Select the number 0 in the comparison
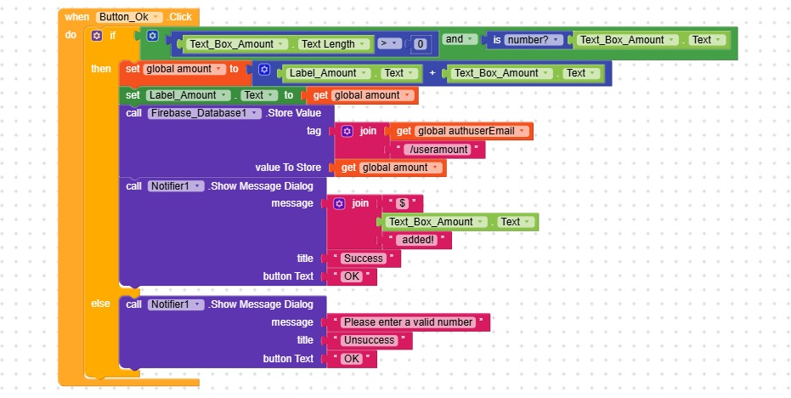420,43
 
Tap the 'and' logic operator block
455,39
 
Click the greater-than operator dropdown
390,43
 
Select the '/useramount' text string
438,149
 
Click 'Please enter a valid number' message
408,322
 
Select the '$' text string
403,203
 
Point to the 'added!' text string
415,240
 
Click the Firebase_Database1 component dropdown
204,113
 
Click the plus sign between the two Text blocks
432,73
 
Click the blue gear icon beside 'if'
96,36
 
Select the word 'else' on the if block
101,304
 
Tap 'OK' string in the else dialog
351,359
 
